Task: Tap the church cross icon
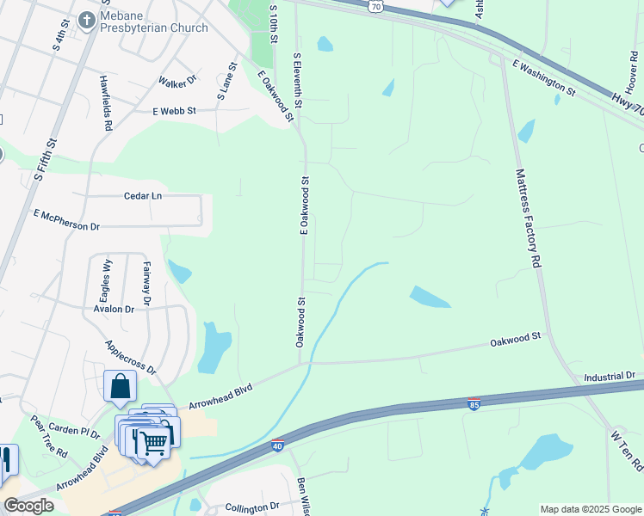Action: (x=86, y=18)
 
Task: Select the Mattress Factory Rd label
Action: (x=527, y=216)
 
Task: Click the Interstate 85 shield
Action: (x=474, y=403)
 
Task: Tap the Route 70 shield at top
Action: (x=375, y=6)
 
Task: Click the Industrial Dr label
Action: (x=609, y=377)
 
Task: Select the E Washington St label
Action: (x=543, y=76)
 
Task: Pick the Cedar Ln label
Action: (x=143, y=195)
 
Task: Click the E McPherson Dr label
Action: (x=66, y=219)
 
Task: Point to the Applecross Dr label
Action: (x=130, y=357)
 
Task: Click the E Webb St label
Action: (x=175, y=111)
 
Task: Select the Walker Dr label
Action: (x=178, y=82)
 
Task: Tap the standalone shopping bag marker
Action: (x=120, y=387)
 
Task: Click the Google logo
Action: (x=28, y=506)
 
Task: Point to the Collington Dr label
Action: (x=252, y=507)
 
